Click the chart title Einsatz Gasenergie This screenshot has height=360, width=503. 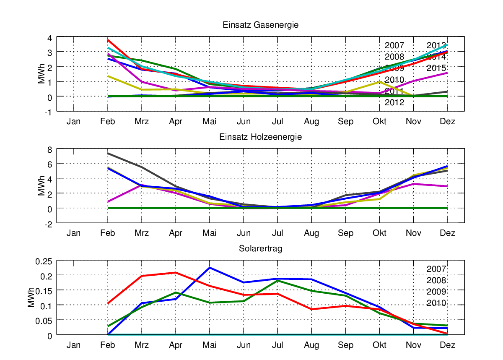click(x=260, y=25)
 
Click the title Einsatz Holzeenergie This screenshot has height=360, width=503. click(x=260, y=137)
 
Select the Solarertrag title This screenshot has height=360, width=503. click(x=260, y=248)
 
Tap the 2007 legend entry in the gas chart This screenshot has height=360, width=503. click(x=394, y=46)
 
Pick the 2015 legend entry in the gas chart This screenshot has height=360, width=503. click(x=436, y=68)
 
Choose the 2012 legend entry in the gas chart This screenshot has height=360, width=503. click(x=394, y=102)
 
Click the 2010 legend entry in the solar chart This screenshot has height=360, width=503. click(x=436, y=303)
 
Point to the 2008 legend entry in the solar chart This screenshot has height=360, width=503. click(x=436, y=280)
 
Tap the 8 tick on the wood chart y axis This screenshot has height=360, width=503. click(x=49, y=149)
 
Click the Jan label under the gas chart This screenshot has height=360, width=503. click(x=74, y=122)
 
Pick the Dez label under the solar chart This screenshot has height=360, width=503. click(x=448, y=345)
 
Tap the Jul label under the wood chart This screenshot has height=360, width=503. click(x=277, y=233)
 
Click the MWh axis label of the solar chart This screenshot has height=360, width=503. click(x=32, y=298)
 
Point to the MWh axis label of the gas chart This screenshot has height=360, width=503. click(x=41, y=74)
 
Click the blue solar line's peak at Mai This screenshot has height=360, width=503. click(x=210, y=268)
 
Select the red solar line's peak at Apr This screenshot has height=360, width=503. click(x=175, y=273)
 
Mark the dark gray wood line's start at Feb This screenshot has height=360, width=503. click(x=108, y=153)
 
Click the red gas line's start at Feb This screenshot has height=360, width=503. click(x=108, y=40)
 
